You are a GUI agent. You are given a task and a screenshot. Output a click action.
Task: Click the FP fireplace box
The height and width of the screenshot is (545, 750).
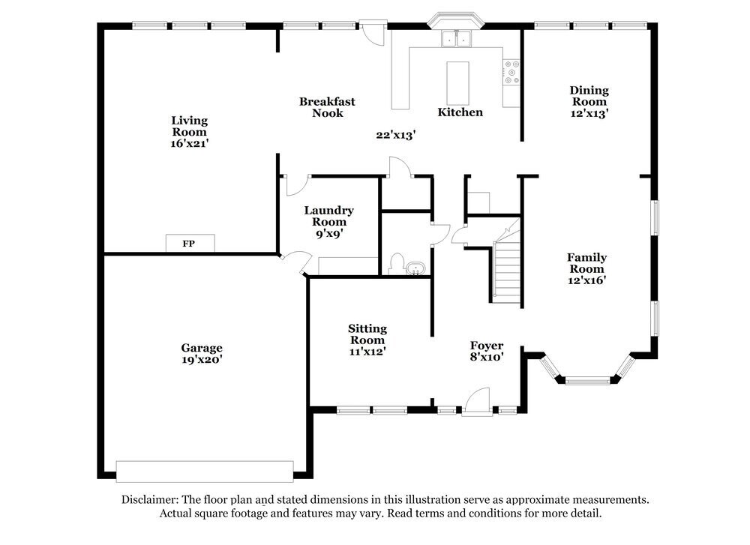pos(190,243)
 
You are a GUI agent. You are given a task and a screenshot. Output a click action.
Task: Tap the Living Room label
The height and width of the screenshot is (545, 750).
pos(189,126)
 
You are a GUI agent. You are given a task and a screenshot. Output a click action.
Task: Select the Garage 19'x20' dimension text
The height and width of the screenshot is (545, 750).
pos(201,360)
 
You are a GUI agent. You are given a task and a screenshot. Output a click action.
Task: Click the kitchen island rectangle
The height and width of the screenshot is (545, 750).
pos(457,82)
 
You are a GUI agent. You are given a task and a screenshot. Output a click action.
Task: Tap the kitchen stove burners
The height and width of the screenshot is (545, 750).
pos(513,72)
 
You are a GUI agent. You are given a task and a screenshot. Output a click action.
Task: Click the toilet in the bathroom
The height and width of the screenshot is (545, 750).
pos(397,265)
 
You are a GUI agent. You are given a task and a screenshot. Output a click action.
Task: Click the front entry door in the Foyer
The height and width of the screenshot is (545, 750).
pos(477,402)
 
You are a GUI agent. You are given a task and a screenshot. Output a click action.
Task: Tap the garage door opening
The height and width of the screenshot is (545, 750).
pos(204,471)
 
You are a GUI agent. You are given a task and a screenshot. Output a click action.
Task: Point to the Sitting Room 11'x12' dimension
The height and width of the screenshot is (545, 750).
pos(367,350)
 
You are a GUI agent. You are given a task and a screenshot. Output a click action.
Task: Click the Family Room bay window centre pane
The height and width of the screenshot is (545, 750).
pos(589,380)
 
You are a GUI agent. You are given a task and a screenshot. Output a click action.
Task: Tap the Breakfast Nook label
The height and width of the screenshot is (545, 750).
pos(327,107)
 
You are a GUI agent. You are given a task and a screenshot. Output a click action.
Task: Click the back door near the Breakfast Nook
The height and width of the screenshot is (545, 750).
pos(370,31)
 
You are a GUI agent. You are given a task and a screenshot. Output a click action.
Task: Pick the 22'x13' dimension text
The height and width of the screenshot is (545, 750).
pos(396,135)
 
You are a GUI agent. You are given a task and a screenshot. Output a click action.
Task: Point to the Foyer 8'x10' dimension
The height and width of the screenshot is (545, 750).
pos(486,358)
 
